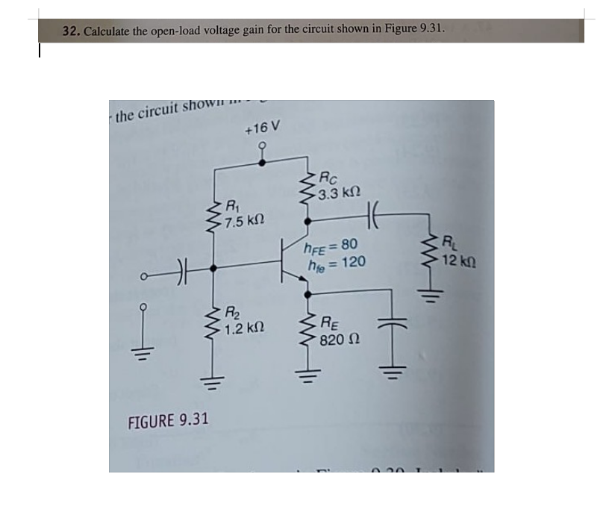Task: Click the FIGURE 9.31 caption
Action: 169,419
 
